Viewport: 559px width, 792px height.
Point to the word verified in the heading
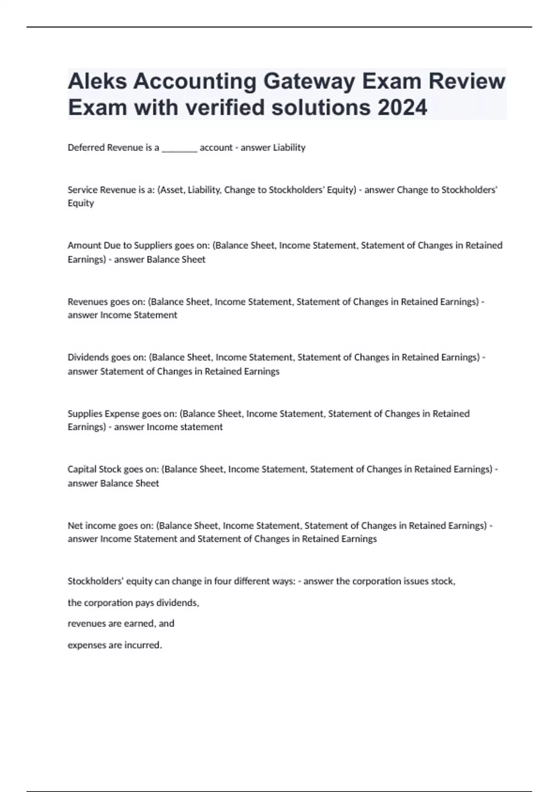click(225, 108)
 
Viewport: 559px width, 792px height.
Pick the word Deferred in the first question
click(86, 148)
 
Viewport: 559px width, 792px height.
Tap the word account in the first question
click(216, 148)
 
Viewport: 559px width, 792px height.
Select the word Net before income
click(75, 526)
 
